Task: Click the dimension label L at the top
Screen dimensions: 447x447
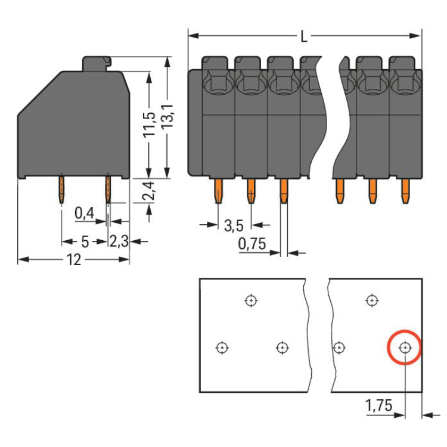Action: [x=304, y=37]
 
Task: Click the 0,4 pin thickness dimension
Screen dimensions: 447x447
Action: [x=84, y=213]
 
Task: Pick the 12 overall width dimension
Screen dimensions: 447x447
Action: [x=73, y=260]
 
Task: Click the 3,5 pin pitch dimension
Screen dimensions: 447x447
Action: [x=234, y=225]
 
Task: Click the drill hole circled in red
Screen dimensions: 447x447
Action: [x=405, y=347]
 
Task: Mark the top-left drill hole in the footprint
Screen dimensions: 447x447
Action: [x=251, y=300]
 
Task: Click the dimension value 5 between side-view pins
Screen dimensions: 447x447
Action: [x=85, y=241]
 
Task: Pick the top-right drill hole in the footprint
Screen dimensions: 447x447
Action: [x=372, y=300]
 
